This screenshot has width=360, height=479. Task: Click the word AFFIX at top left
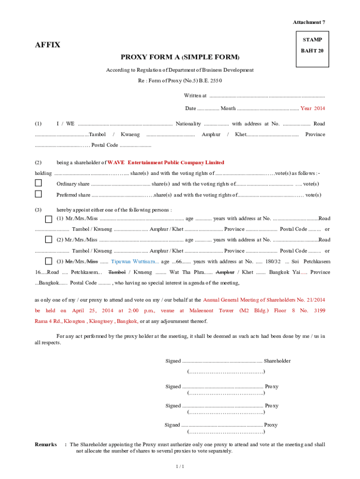tap(48, 45)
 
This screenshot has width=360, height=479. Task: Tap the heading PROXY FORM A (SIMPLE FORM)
tap(180, 58)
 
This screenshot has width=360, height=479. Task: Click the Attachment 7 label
tap(309, 22)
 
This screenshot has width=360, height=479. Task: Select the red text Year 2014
tap(312, 108)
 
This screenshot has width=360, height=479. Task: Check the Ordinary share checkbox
tap(38, 183)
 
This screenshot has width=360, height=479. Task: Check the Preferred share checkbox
tap(38, 194)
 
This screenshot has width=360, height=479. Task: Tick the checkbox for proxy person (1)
tap(48, 219)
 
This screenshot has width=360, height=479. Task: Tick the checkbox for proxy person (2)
tap(48, 239)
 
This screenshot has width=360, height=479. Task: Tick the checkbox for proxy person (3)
tap(48, 261)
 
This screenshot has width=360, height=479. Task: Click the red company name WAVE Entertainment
tap(166, 163)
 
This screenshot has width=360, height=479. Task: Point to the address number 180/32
tap(273, 261)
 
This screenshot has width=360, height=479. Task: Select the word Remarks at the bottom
tap(46, 444)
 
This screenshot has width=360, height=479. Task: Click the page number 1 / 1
tap(180, 466)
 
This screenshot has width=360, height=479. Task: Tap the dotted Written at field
tap(266, 96)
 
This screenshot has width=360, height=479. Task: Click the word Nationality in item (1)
tap(188, 124)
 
